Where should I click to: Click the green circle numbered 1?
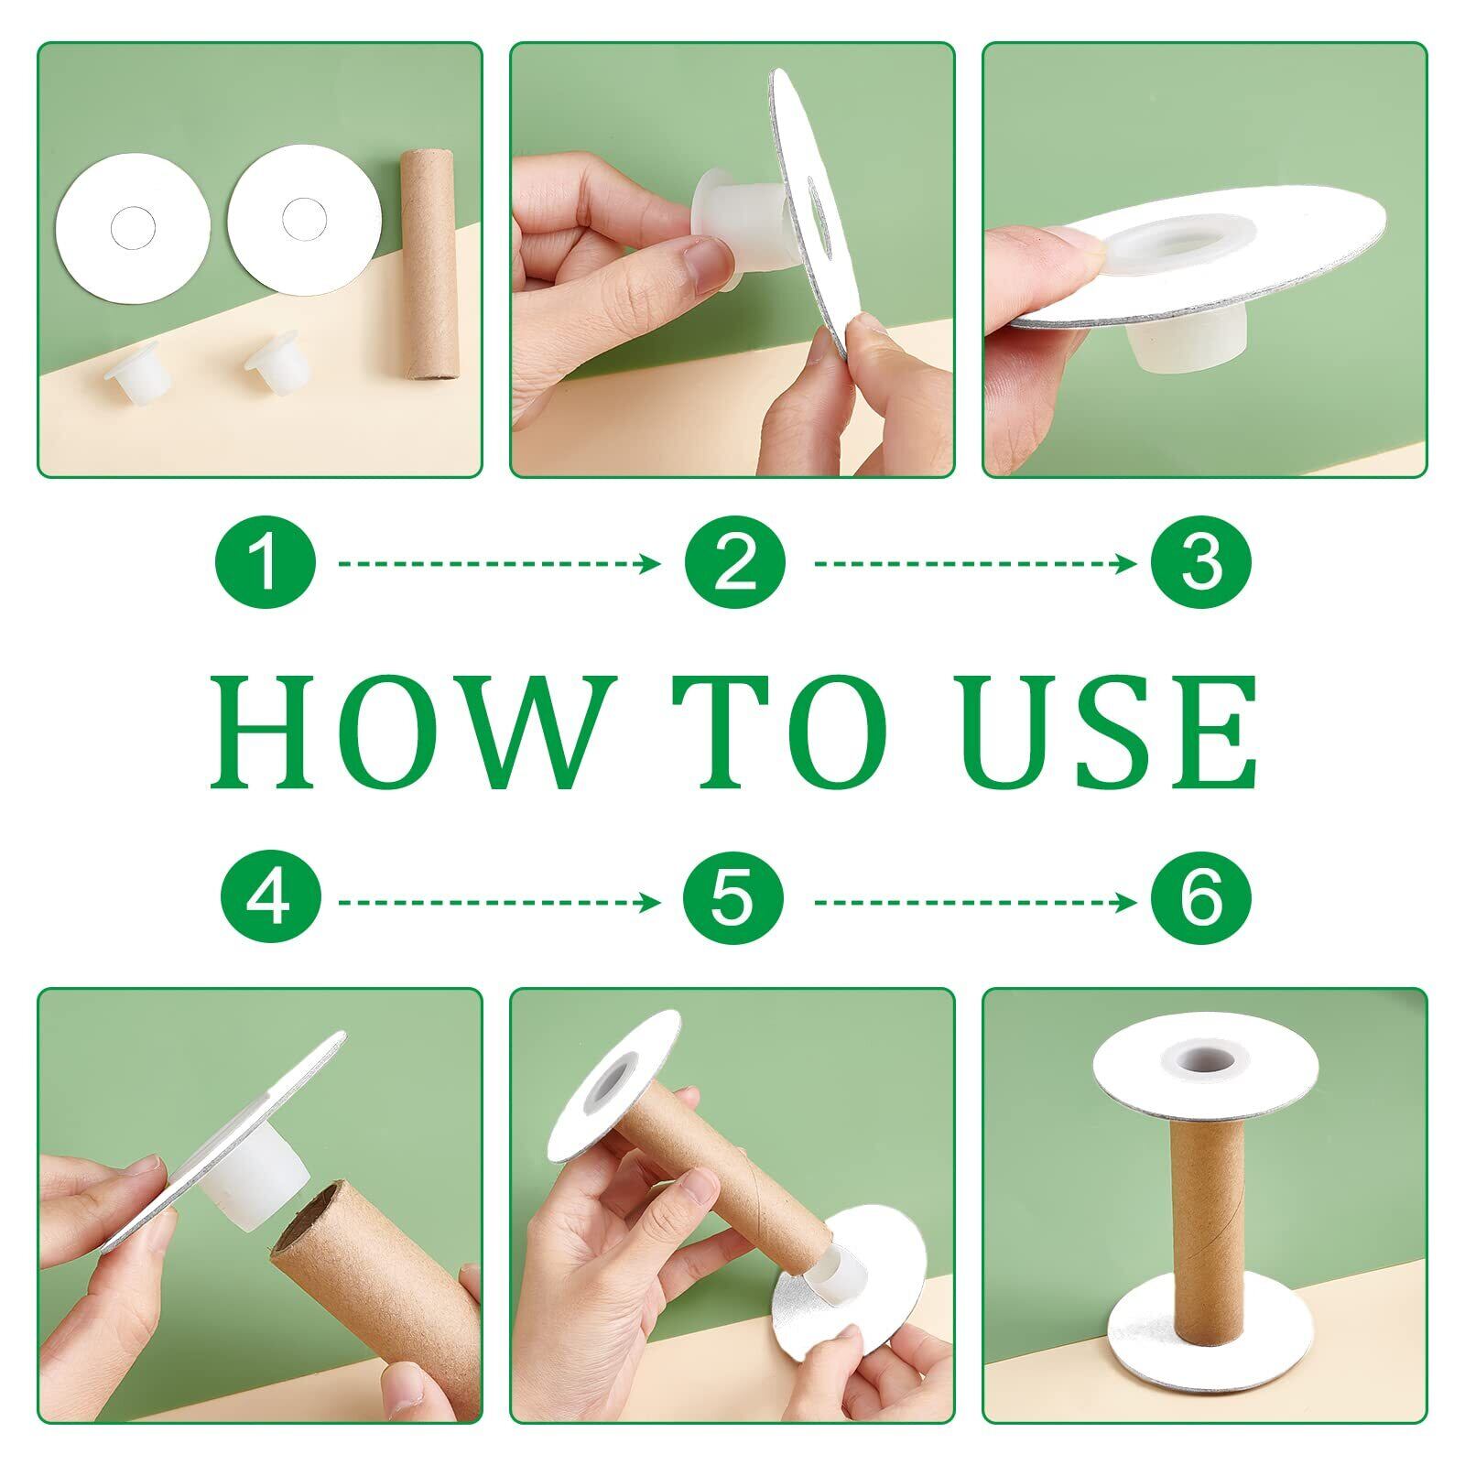(265, 562)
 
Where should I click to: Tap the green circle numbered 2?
(734, 562)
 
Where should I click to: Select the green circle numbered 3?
(1201, 562)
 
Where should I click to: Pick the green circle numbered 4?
(270, 902)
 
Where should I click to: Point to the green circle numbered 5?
(734, 902)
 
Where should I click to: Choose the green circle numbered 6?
(1201, 902)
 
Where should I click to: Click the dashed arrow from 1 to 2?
(499, 563)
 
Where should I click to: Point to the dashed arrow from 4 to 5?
(499, 903)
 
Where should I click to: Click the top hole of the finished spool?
(1205, 1059)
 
